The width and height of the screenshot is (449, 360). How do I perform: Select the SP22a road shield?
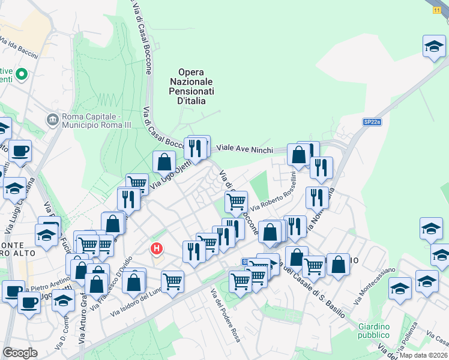click(372, 121)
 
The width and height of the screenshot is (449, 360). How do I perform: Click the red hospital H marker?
click(157, 247)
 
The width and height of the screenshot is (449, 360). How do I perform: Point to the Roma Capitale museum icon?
click(53, 119)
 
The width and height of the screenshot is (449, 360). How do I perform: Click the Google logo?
click(20, 352)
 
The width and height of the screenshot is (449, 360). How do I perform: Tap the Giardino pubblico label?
click(374, 331)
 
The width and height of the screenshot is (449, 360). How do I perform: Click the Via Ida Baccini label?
click(19, 49)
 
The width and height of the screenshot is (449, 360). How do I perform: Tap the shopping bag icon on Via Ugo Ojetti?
click(164, 161)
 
